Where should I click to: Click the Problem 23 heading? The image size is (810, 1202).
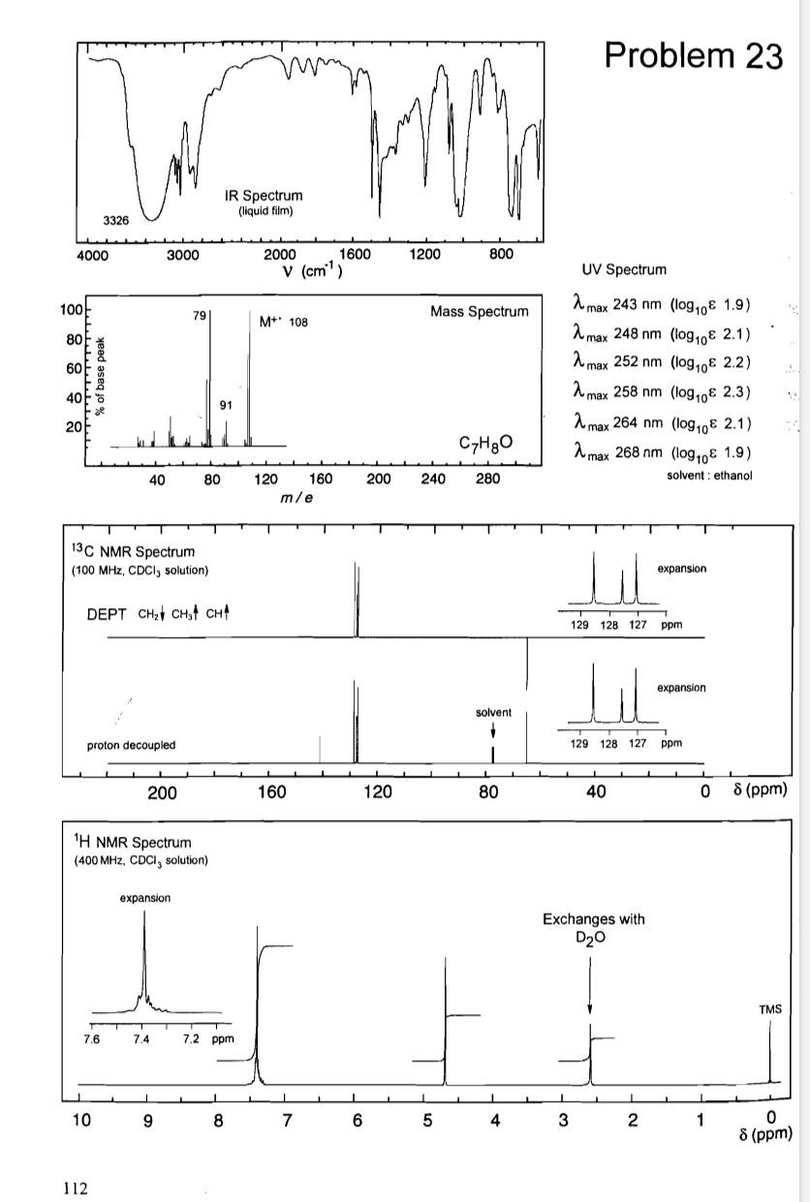[x=693, y=55]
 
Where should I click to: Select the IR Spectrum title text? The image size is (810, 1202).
[x=262, y=196]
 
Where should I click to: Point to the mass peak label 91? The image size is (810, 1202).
[x=226, y=405]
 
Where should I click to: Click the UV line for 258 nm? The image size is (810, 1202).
[x=664, y=392]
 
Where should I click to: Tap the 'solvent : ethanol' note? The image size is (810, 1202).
[x=709, y=475]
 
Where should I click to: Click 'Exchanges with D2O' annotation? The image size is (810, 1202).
[x=593, y=928]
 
